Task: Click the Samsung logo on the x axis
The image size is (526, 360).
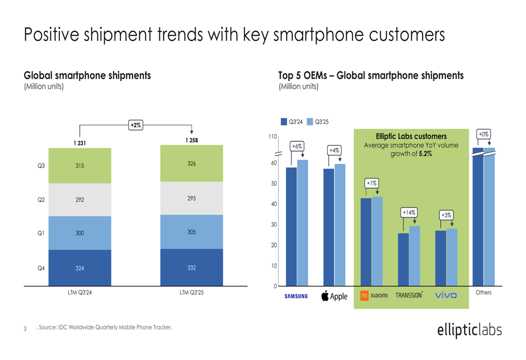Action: pyautogui.click(x=296, y=296)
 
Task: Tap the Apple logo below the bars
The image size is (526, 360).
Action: pyautogui.click(x=334, y=296)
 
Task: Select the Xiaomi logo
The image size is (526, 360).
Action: pyautogui.click(x=374, y=296)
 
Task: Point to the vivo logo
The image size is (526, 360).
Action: pyautogui.click(x=446, y=295)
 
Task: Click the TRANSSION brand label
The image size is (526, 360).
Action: pyautogui.click(x=409, y=295)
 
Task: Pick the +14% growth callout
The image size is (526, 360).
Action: pyautogui.click(x=409, y=212)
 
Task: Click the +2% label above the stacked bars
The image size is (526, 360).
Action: pyautogui.click(x=135, y=125)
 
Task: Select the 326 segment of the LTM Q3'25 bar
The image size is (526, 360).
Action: pyautogui.click(x=191, y=164)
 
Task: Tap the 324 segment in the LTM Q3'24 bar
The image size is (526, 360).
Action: pyautogui.click(x=79, y=268)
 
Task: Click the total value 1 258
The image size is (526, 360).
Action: pyautogui.click(x=191, y=140)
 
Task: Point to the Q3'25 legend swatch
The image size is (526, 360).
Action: pyautogui.click(x=310, y=121)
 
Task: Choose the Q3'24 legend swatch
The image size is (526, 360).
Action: pyautogui.click(x=284, y=121)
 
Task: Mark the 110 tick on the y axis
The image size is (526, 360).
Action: pyautogui.click(x=272, y=137)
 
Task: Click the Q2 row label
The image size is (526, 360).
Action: pyautogui.click(x=41, y=200)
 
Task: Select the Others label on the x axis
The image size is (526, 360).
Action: pyautogui.click(x=483, y=292)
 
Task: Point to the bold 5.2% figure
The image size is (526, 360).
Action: pyautogui.click(x=425, y=154)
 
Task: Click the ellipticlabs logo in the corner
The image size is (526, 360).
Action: pyautogui.click(x=469, y=330)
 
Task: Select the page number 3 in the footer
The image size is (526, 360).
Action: pyautogui.click(x=25, y=329)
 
